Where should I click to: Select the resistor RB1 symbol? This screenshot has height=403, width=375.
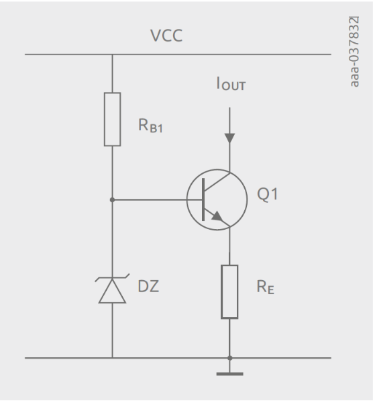pos(112,119)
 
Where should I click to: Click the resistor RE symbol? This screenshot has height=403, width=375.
pos(229,291)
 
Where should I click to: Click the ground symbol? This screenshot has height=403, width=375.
pos(229,372)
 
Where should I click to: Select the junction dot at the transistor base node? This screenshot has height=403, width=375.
pos(112,199)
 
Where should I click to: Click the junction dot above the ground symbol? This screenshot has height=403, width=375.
pos(229,358)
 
